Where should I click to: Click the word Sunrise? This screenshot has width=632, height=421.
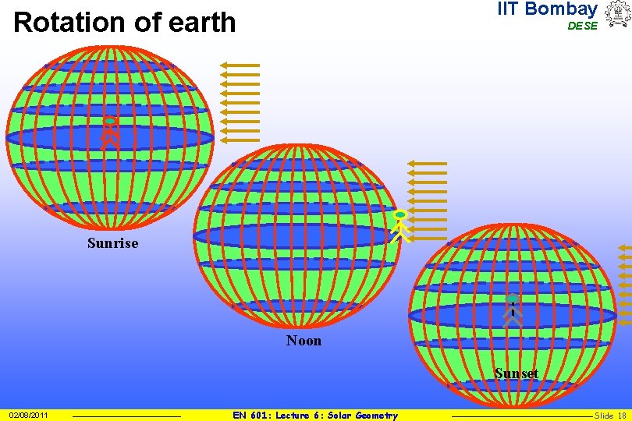[112, 243]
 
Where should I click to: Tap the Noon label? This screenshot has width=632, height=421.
[304, 341]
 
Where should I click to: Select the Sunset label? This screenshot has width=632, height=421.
[517, 373]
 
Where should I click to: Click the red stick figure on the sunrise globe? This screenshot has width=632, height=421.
[111, 133]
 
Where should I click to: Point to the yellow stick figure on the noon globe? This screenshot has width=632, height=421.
[400, 225]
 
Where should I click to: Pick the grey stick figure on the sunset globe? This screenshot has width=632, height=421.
[512, 310]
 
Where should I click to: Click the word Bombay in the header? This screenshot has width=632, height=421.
[561, 9]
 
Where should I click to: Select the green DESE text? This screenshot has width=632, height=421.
[582, 26]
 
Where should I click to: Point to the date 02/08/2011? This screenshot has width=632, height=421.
[28, 416]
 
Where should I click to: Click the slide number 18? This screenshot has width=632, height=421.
[622, 416]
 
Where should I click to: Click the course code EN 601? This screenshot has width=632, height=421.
[250, 416]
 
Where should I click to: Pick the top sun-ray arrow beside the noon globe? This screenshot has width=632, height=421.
[427, 164]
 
